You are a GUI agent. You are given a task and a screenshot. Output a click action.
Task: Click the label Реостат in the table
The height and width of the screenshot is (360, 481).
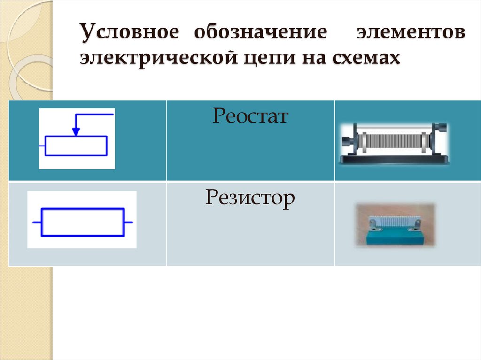249,115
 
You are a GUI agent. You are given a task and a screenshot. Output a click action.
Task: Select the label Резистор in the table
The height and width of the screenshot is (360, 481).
249,198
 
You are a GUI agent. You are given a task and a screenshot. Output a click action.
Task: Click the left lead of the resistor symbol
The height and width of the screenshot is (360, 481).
36,222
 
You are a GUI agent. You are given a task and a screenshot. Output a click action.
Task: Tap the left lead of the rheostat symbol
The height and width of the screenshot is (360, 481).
42,146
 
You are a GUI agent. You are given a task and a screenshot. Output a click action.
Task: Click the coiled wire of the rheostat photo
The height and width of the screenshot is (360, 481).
394,140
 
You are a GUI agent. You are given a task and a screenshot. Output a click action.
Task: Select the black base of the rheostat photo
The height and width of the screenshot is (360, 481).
394,160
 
